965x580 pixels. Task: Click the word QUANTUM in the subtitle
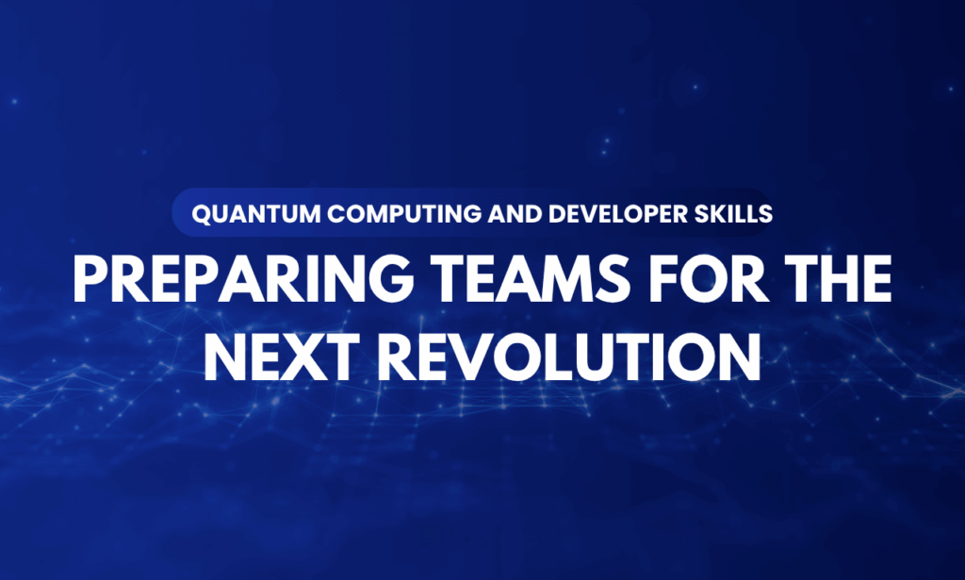point(240,214)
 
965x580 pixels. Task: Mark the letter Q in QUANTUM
point(199,214)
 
